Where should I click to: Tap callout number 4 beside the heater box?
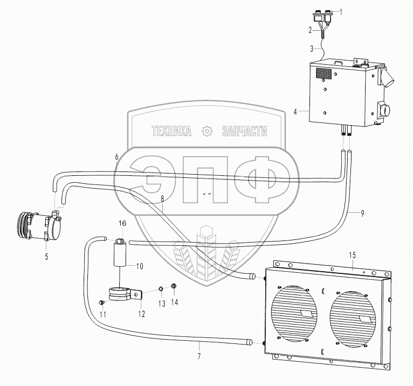click(296, 112)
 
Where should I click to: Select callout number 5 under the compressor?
click(46, 256)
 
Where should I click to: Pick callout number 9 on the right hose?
click(362, 213)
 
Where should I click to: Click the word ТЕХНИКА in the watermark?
click(172, 131)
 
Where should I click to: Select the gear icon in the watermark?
click(206, 131)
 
